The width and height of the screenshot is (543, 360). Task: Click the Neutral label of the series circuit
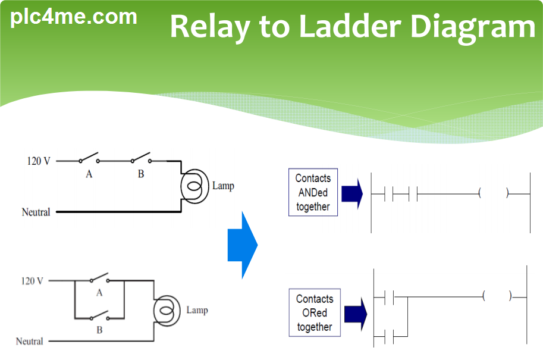point(36,212)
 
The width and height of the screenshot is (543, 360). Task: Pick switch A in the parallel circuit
point(99,278)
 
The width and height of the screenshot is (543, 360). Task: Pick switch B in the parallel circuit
point(99,315)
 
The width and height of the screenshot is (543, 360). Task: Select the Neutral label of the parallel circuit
point(30,341)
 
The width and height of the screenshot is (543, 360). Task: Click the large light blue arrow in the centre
point(242,245)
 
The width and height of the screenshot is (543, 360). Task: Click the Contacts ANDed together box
point(313,192)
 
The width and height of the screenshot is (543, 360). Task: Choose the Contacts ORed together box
point(315,313)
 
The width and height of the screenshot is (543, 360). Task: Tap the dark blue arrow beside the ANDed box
point(352,193)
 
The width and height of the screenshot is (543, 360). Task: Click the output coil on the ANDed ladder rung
point(494,193)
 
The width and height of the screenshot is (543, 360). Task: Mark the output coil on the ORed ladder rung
point(497,296)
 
